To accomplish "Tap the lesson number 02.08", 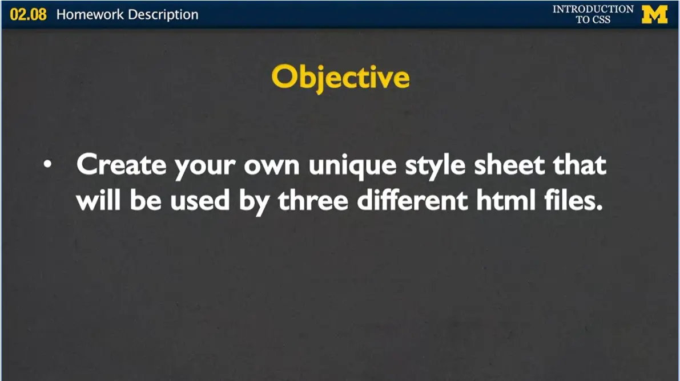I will pyautogui.click(x=28, y=14).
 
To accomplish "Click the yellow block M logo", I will pyautogui.click(x=654, y=14).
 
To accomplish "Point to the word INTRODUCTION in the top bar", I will pyautogui.click(x=593, y=9).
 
